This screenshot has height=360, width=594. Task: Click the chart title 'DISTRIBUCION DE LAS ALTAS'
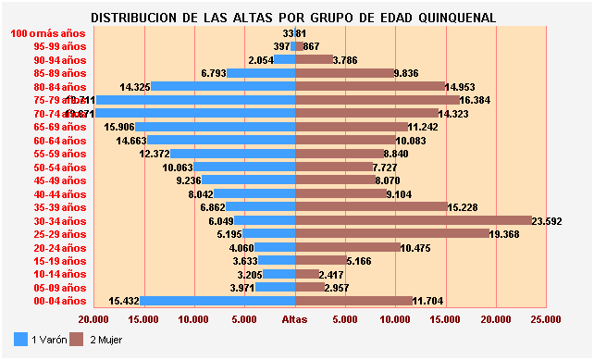click(x=294, y=18)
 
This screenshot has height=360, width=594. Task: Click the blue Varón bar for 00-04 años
click(x=218, y=301)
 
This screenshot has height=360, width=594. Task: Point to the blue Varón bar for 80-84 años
click(x=223, y=86)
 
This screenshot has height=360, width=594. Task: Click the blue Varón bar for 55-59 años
click(x=233, y=154)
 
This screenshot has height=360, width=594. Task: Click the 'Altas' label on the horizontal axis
click(x=295, y=319)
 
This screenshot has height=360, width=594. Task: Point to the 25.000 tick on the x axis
click(x=546, y=319)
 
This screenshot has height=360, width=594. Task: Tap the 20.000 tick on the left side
click(x=94, y=319)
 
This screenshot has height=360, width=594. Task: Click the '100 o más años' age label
click(x=48, y=33)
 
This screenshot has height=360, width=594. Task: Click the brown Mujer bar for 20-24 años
click(x=348, y=247)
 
